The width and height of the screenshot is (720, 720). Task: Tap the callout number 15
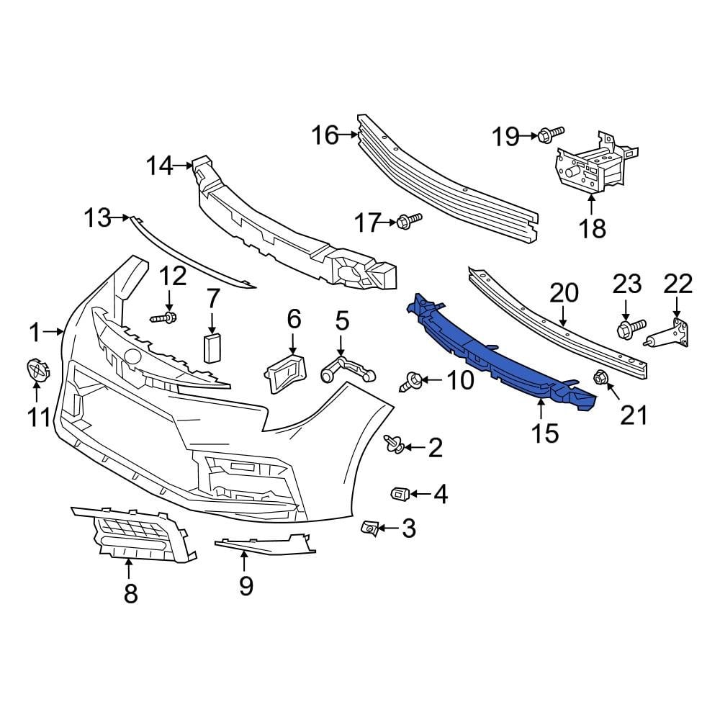[546, 433]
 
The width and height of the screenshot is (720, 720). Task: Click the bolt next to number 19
[551, 133]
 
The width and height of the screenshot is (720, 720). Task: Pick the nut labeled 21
[599, 377]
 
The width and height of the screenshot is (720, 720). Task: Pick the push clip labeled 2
[393, 446]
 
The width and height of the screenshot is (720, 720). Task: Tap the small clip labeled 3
[369, 529]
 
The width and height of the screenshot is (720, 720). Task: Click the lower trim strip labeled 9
[266, 545]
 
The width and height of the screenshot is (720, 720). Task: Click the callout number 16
[325, 134]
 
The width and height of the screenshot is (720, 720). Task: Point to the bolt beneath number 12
[166, 317]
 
